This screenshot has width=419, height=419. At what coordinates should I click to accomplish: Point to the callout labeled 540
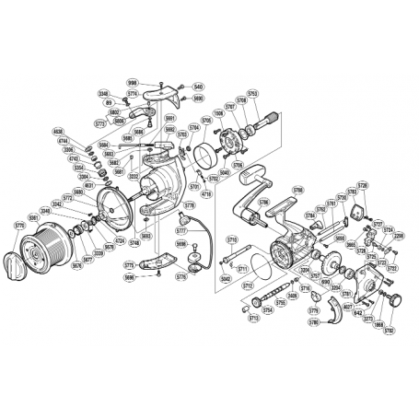tap(198, 87)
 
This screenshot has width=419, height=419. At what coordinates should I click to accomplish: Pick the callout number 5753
tap(252, 93)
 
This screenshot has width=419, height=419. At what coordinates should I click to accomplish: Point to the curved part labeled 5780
tap(338, 316)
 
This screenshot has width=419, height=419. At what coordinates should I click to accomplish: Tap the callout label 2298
tap(399, 236)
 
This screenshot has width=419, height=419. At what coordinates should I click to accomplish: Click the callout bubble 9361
tap(34, 217)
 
